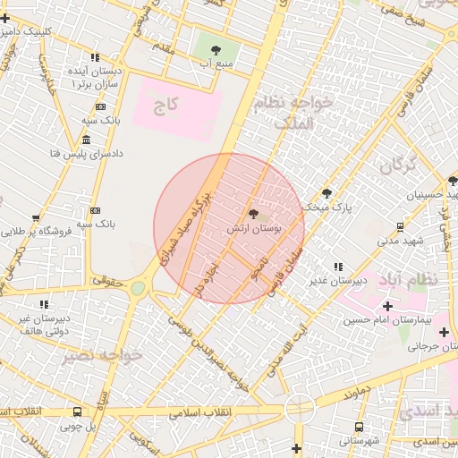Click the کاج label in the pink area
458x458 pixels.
[165, 106]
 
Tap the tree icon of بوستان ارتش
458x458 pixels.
[253, 215]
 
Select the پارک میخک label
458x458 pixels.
[328, 207]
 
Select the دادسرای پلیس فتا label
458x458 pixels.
[55, 154]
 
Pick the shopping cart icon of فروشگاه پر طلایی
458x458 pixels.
[36, 216]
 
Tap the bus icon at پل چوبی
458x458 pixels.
[78, 412]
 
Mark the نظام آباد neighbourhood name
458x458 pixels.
[415, 278]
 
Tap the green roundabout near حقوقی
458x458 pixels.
[138, 288]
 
